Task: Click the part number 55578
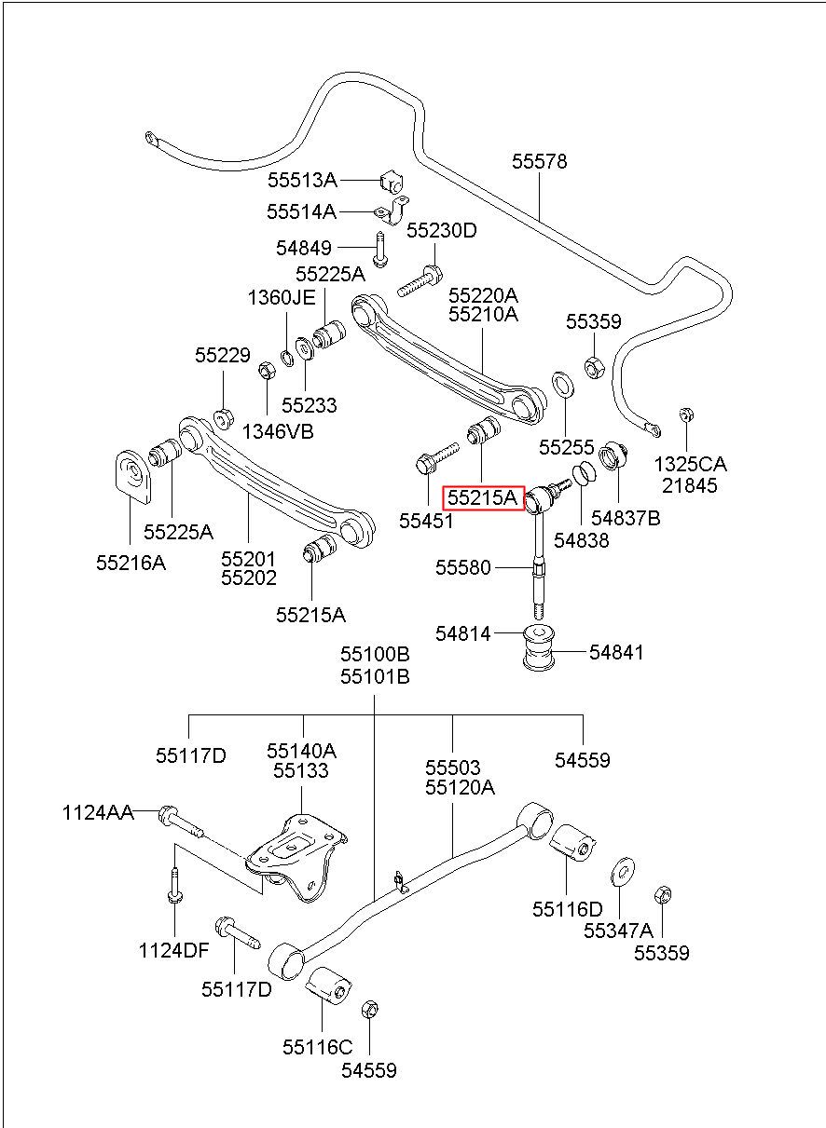tap(539, 162)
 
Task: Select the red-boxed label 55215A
tap(483, 498)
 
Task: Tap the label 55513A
tap(302, 180)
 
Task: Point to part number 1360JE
tap(282, 298)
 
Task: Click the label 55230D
tap(442, 231)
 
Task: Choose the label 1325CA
tap(691, 464)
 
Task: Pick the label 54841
tap(616, 653)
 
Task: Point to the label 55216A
tap(131, 563)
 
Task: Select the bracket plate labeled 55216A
tap(133, 476)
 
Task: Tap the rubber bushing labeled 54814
tap(539, 647)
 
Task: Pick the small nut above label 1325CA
tap(685, 415)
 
